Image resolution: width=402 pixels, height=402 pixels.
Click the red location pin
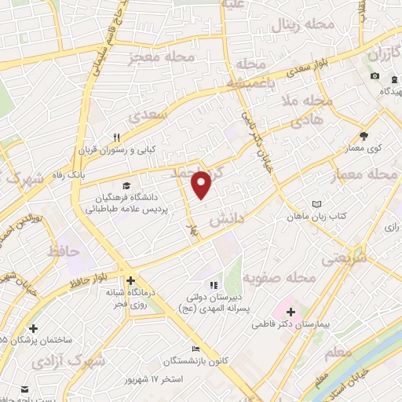point(203,185)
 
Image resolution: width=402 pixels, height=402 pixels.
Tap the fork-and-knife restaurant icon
point(116,135)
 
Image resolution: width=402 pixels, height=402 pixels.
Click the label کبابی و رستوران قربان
point(117,148)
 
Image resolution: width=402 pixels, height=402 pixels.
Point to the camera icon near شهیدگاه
point(375,76)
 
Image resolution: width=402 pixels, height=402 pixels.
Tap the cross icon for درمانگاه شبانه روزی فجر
point(130,279)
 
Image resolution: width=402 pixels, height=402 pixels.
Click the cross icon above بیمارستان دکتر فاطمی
point(291,311)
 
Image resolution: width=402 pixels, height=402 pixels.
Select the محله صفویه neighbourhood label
point(278,277)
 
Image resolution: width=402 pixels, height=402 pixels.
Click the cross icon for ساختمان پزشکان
point(32,328)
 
